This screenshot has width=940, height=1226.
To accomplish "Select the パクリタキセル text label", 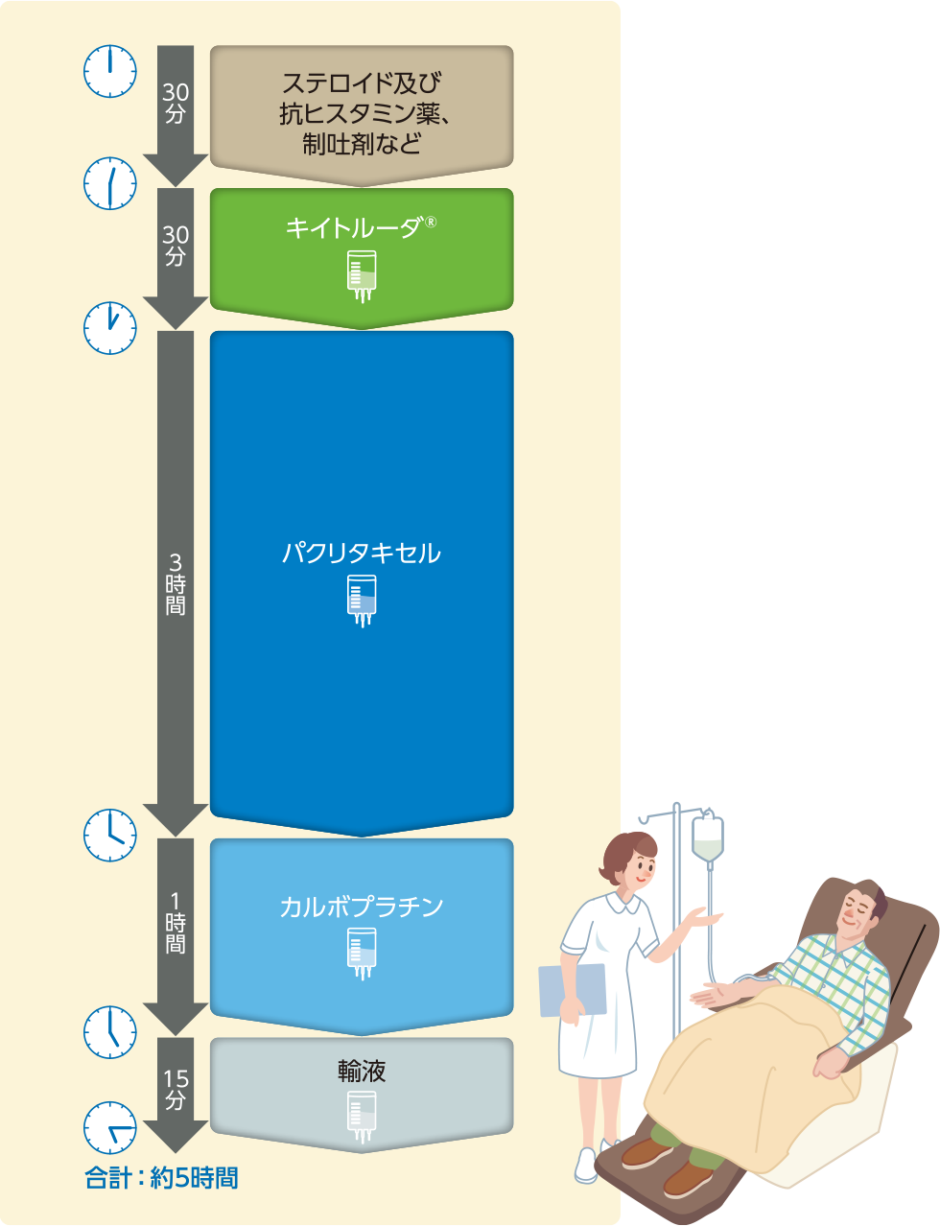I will coord(361,554).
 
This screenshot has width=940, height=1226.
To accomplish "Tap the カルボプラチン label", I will coord(361,907).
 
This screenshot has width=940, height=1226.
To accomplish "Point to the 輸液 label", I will coord(362,1071).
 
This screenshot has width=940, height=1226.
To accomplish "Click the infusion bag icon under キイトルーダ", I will coord(362,275).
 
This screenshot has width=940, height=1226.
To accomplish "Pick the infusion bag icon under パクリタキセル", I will coord(362,600).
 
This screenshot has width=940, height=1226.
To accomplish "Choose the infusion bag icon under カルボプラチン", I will coord(362,953).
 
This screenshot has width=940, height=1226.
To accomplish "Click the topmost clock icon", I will coord(110,71).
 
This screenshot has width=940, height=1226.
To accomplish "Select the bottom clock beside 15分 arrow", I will coord(110,1127).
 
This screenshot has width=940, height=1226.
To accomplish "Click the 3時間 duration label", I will coord(176,584).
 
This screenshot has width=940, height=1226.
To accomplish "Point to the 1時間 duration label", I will coord(176,923).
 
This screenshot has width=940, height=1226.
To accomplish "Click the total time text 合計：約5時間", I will coord(161,1178).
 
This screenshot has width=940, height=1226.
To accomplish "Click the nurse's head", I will coord(629,859).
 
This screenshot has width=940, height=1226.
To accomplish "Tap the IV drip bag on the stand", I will coord(708,839).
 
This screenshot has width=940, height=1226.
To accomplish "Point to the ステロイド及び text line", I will coord(361,83).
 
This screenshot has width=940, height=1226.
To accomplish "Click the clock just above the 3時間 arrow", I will coord(110,327).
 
